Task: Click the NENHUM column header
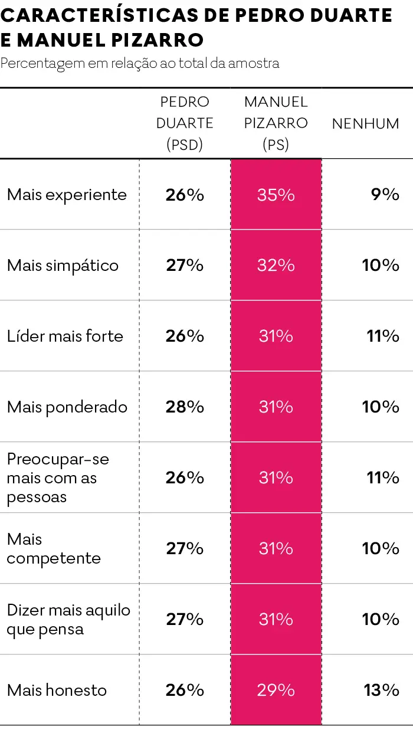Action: point(366,124)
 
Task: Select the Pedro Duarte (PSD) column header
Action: point(185,123)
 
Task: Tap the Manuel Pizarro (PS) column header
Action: point(276,123)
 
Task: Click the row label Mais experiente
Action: point(67,195)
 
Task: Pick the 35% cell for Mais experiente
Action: point(276,195)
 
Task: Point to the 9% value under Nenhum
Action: point(385,194)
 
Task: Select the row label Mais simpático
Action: point(63,266)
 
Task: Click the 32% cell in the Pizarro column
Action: point(276,266)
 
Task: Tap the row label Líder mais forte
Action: point(65,336)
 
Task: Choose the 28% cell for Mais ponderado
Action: point(185,407)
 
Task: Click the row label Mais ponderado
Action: point(67,407)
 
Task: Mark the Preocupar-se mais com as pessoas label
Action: point(58,478)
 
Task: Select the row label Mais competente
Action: point(54,548)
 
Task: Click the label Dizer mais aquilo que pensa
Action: point(68,620)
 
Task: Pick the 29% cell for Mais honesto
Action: point(276,690)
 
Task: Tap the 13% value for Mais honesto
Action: point(382,690)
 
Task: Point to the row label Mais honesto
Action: point(57,690)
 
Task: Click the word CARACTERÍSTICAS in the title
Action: point(100,15)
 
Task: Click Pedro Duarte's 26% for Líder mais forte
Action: point(185,336)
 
